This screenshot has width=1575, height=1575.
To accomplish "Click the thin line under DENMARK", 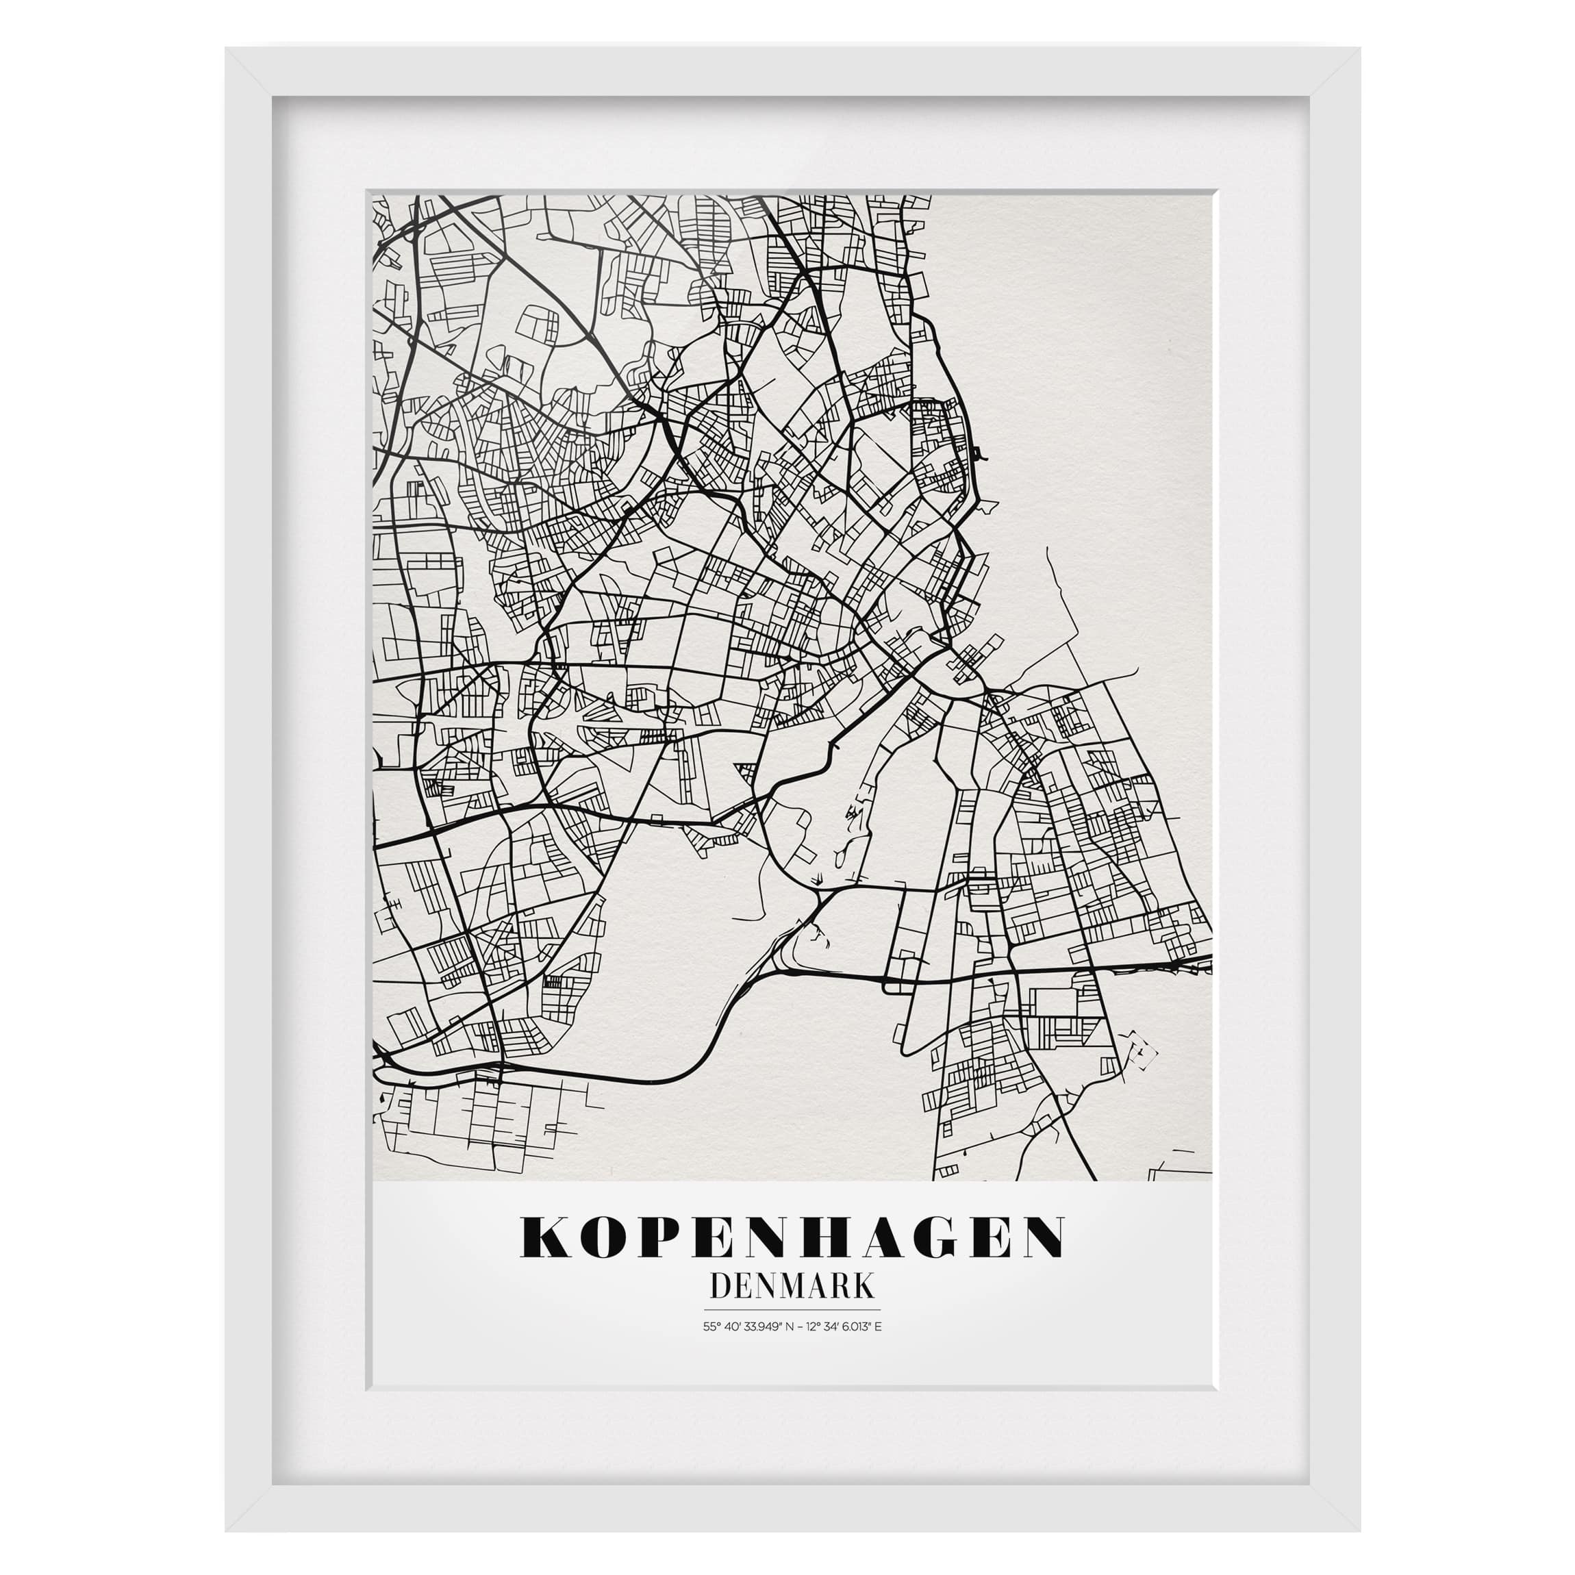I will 792,1310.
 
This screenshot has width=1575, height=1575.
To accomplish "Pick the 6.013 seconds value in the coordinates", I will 856,1326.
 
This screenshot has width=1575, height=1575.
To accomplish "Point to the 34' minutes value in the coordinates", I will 835,1326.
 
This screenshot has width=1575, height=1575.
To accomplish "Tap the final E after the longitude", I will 878,1326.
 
